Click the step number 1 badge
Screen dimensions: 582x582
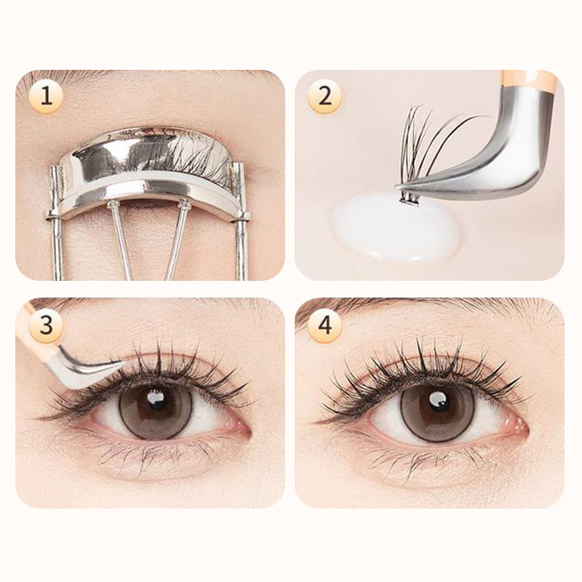46,96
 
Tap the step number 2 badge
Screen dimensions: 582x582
324,96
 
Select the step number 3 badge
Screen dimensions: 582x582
46,325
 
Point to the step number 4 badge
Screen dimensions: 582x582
324,325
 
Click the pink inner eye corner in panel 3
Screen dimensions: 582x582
242,427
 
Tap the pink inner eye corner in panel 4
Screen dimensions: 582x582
519,425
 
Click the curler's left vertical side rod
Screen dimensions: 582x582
57,223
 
